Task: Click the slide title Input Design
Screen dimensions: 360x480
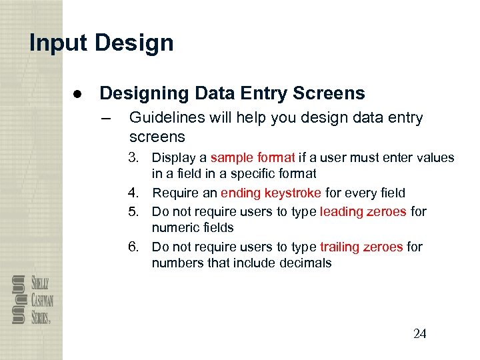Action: coord(101,43)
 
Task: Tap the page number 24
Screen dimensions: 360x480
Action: coord(419,334)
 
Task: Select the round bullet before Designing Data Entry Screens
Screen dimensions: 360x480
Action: coord(78,94)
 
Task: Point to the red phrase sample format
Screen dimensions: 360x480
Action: coord(253,158)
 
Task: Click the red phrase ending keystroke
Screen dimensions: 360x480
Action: coord(271,193)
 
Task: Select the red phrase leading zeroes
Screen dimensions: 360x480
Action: coord(363,211)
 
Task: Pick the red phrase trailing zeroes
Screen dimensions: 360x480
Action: coord(361,247)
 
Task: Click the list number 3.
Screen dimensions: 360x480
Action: coord(135,158)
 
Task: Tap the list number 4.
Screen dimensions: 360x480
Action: coord(135,193)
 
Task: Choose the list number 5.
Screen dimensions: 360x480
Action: coord(135,211)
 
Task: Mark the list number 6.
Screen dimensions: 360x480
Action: coord(135,247)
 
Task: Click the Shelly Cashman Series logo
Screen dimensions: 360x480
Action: coord(32,299)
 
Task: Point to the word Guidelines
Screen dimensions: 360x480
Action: coord(167,118)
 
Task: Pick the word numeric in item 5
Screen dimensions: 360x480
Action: coord(173,227)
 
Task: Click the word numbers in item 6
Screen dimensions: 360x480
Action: coord(176,263)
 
